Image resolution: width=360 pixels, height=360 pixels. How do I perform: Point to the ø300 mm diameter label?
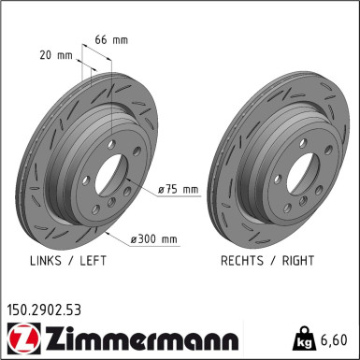point(155,239)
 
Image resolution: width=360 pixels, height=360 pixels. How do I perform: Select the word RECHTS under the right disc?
point(244,261)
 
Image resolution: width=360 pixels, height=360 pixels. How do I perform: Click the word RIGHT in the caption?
point(297,261)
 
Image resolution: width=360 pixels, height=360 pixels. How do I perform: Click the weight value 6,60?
point(337,338)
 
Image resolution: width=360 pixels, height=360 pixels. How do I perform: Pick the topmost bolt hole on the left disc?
point(111,142)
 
